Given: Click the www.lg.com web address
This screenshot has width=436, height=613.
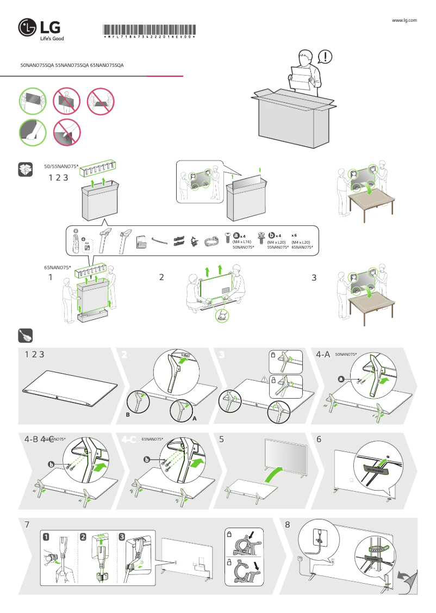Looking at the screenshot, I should pos(404,20).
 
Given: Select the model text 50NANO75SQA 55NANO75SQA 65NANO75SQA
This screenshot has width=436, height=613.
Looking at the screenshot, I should pos(72,65).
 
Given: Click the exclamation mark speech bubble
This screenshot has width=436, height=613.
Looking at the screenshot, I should pos(325,57).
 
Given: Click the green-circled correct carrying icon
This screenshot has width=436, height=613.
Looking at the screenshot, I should pos(33,101).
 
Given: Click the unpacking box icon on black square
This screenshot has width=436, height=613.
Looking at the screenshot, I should pos(26,169).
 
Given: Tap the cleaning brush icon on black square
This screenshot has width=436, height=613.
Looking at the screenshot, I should pos(26,336).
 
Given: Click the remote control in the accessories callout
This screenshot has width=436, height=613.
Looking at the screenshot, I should pos(76,239).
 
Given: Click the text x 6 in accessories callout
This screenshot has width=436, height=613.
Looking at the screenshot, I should pos(294,234).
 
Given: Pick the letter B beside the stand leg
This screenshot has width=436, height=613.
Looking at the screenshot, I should pos(127,414).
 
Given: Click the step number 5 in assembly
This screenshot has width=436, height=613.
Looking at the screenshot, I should pos(222,439).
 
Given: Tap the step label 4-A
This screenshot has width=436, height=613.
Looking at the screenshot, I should pos(323,354).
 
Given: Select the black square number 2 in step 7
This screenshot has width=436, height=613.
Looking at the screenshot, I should pos(83,536).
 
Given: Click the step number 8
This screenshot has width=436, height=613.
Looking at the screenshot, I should pos(288,525).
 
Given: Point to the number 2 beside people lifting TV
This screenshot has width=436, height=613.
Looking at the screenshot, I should pos(161,277).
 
